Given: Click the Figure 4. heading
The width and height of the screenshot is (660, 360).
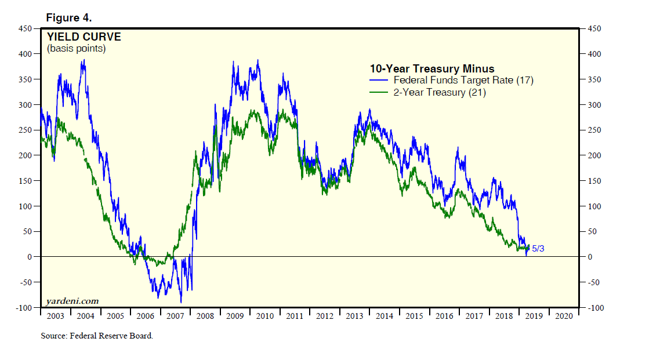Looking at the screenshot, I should (x=68, y=18).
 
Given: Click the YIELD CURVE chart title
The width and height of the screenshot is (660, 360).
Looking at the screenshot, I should (x=84, y=37).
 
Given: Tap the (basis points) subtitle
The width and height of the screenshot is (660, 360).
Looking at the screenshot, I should (x=76, y=49).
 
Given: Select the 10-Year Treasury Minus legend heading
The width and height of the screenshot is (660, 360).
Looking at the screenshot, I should (x=432, y=69).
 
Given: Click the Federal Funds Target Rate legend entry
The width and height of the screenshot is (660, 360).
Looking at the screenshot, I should (x=463, y=80).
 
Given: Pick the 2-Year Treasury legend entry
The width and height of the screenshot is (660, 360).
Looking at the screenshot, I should (x=439, y=92).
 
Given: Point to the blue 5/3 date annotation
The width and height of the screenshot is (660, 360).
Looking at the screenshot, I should (x=538, y=249).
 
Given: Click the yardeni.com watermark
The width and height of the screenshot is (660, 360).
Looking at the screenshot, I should (x=72, y=301).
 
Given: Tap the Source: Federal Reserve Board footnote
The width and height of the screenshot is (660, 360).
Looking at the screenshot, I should (x=97, y=336).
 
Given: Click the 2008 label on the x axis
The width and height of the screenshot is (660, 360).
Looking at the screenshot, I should (x=205, y=316).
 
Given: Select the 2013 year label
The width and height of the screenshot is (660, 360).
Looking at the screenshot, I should (x=354, y=316).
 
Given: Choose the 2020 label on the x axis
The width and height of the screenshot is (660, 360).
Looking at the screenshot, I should (x=564, y=316).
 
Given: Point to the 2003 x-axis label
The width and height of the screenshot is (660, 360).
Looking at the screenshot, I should (x=55, y=316).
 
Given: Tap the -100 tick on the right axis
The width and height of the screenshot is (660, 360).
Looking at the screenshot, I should (x=596, y=308).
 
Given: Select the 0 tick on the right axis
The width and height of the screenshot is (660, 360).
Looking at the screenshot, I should (x=590, y=257).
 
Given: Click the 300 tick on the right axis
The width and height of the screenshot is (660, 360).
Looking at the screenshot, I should (x=594, y=105).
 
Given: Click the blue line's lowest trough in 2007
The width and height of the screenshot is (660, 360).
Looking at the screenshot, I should (x=181, y=302).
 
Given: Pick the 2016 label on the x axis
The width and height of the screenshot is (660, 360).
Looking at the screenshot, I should (x=444, y=316).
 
